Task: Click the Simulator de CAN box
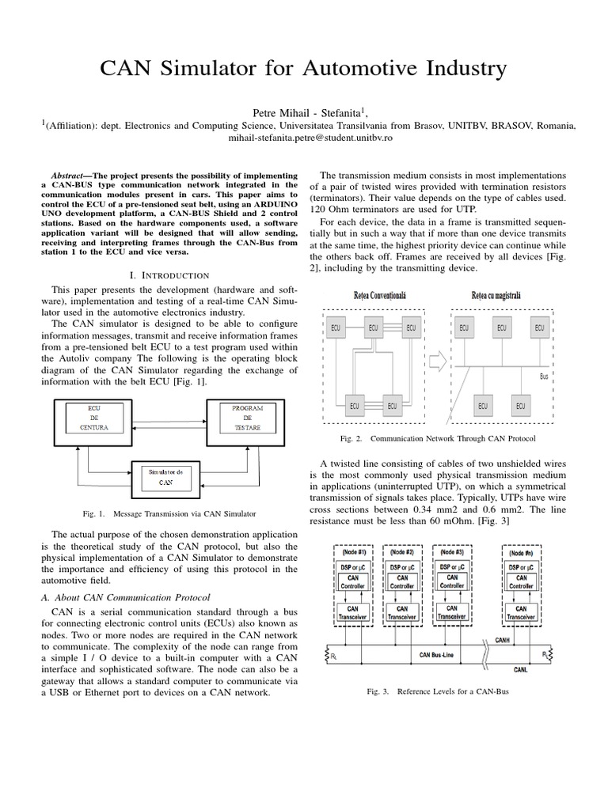(168, 476)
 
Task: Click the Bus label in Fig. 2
(544, 377)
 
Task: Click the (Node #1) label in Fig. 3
(354, 553)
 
